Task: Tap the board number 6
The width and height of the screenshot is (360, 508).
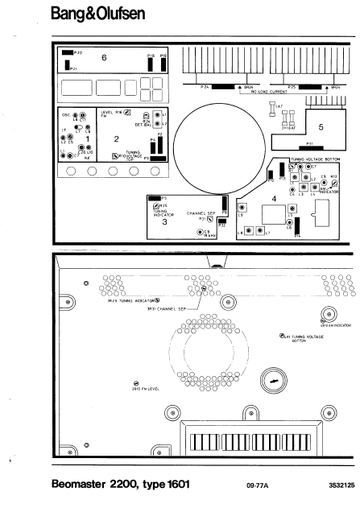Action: coord(104,59)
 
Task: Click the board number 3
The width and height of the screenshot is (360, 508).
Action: coord(164,221)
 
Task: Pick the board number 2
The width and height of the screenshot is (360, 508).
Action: coord(116,139)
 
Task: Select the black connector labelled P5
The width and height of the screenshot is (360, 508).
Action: coord(154,197)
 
